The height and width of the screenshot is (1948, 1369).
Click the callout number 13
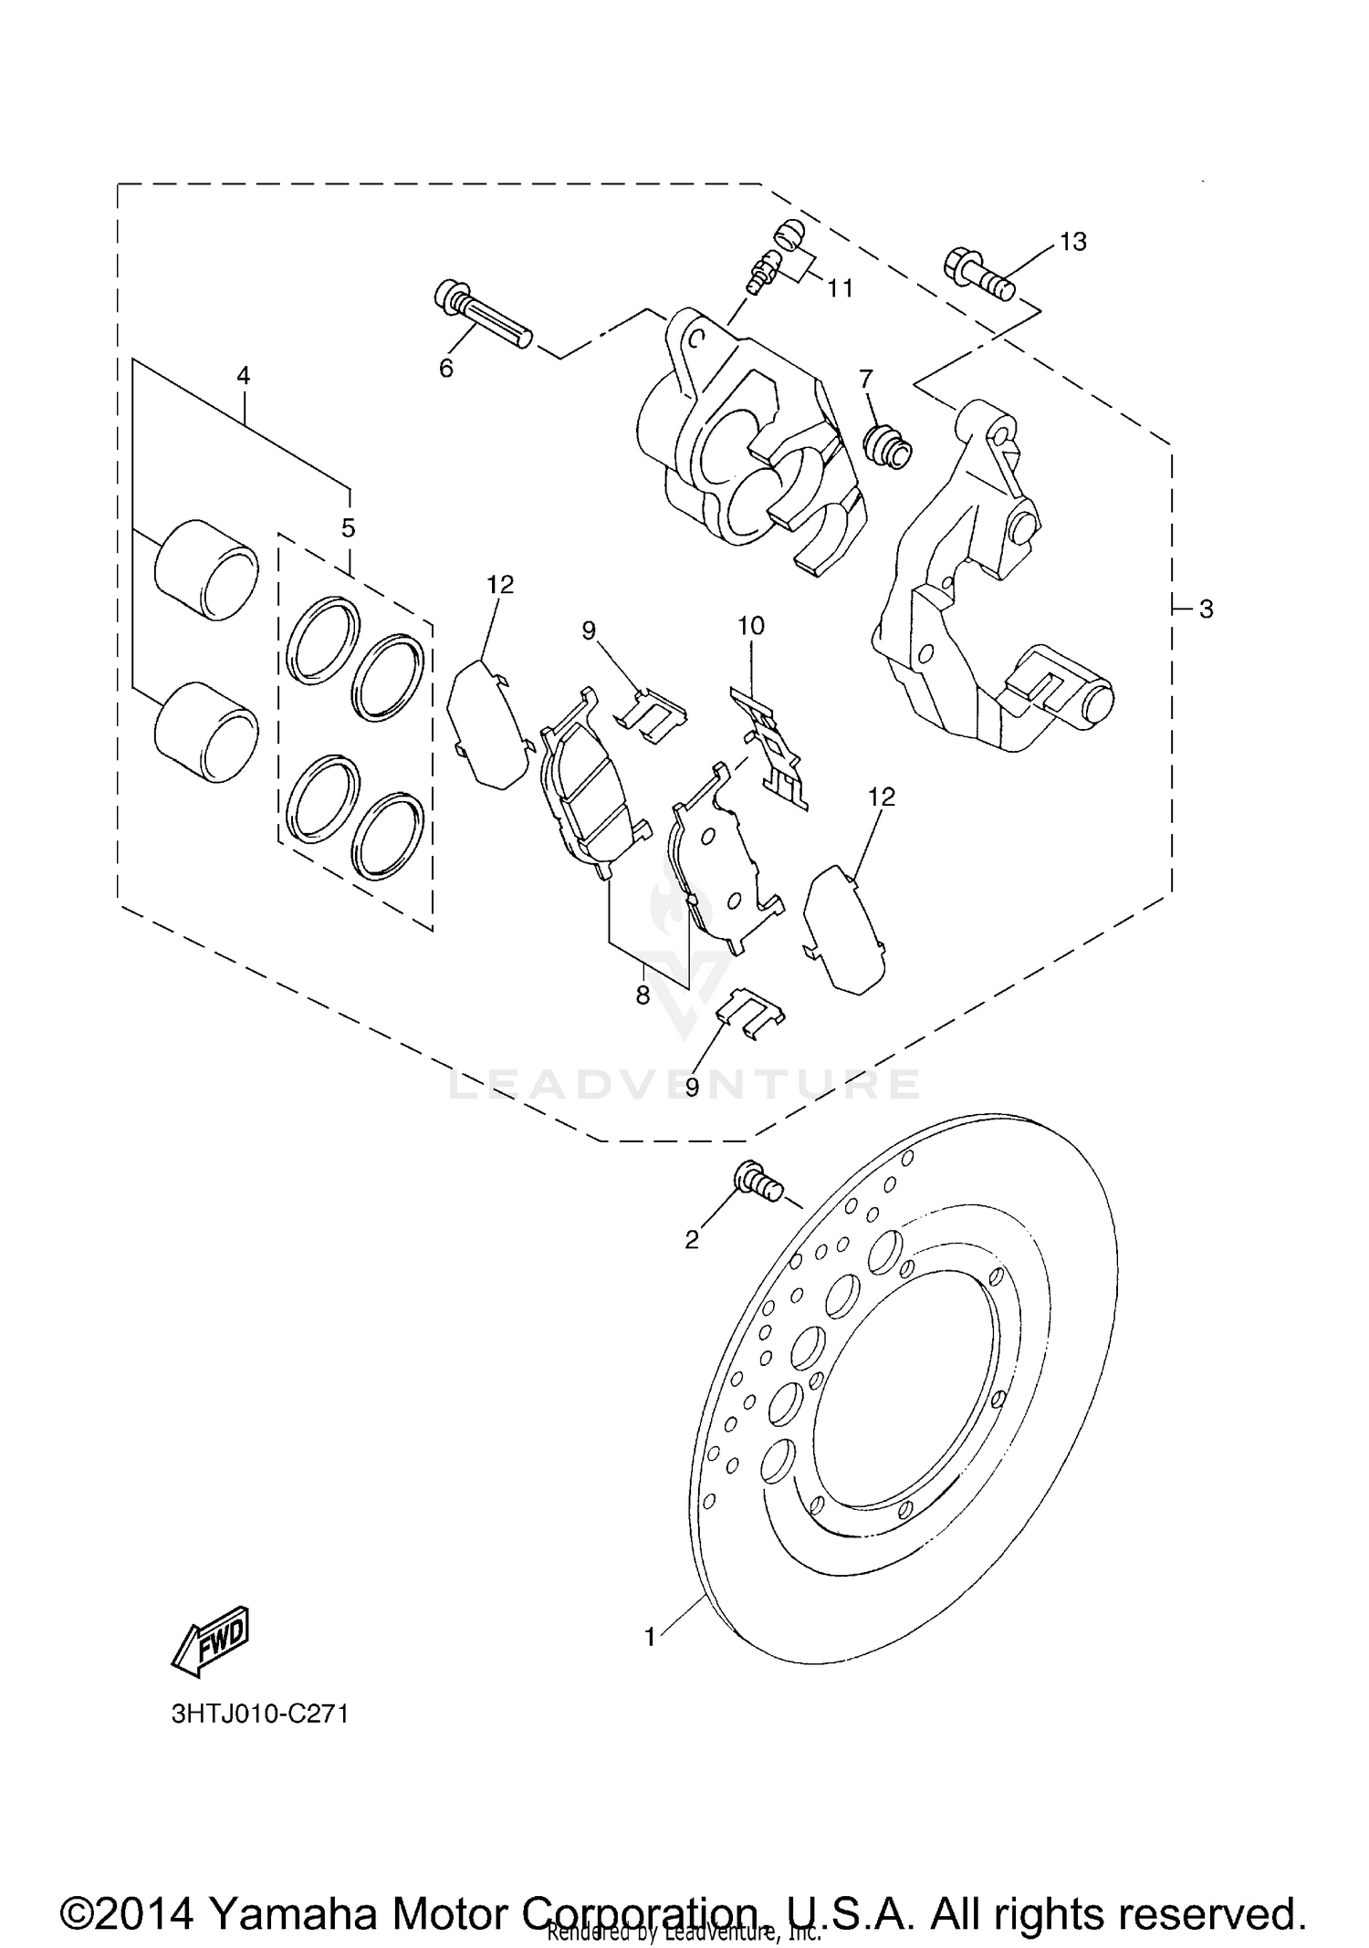coord(1073,242)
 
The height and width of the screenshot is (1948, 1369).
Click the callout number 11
coord(840,288)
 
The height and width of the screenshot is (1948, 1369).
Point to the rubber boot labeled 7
coord(887,446)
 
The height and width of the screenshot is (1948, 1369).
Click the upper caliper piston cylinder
coord(205,570)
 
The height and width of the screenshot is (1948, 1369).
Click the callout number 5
coord(348,527)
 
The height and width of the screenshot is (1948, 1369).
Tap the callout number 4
coord(243,375)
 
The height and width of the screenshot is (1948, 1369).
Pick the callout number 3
coord(1206,609)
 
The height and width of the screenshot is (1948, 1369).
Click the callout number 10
coord(751,626)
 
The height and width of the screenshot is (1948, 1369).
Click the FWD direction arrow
coord(210,1640)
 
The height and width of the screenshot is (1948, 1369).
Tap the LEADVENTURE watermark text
coord(684,1084)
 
